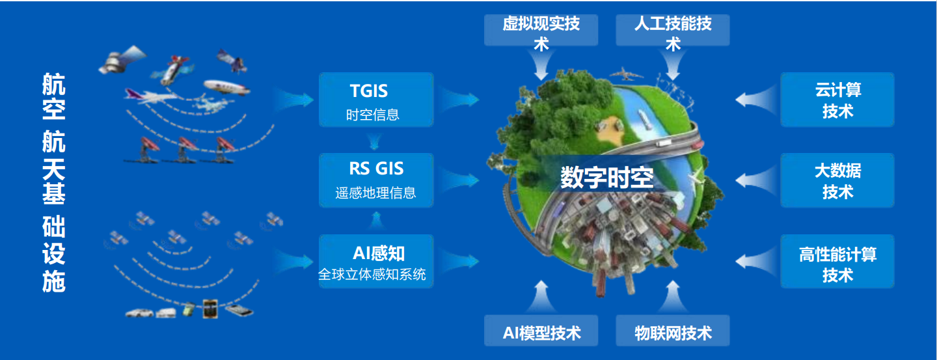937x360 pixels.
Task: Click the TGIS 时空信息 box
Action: pos(376,100)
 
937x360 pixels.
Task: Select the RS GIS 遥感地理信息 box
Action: pos(376,180)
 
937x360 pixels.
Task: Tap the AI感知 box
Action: pos(376,261)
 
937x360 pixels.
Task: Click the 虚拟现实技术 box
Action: pos(541,30)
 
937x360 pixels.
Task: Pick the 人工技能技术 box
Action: pos(673,30)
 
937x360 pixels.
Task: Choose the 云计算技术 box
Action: pos(837,100)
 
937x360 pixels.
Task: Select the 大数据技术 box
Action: pos(837,180)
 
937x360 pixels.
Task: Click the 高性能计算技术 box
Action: pos(837,261)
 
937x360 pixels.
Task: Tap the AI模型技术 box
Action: pos(541,331)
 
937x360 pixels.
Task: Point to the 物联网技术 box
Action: pos(673,331)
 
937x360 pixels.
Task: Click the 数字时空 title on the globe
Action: pos(606,178)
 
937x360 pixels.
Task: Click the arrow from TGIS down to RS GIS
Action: pos(374,141)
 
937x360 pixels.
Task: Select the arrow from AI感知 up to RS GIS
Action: pos(376,221)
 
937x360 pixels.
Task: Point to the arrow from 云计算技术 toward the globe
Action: pos(756,100)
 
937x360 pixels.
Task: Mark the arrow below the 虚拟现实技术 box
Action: pos(541,64)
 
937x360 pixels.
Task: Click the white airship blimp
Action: pos(226,87)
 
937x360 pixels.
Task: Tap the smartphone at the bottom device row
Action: pos(239,311)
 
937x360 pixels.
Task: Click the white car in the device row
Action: pos(139,312)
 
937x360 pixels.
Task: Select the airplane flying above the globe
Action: pos(626,74)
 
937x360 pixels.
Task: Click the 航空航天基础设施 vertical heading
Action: pos(54,182)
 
